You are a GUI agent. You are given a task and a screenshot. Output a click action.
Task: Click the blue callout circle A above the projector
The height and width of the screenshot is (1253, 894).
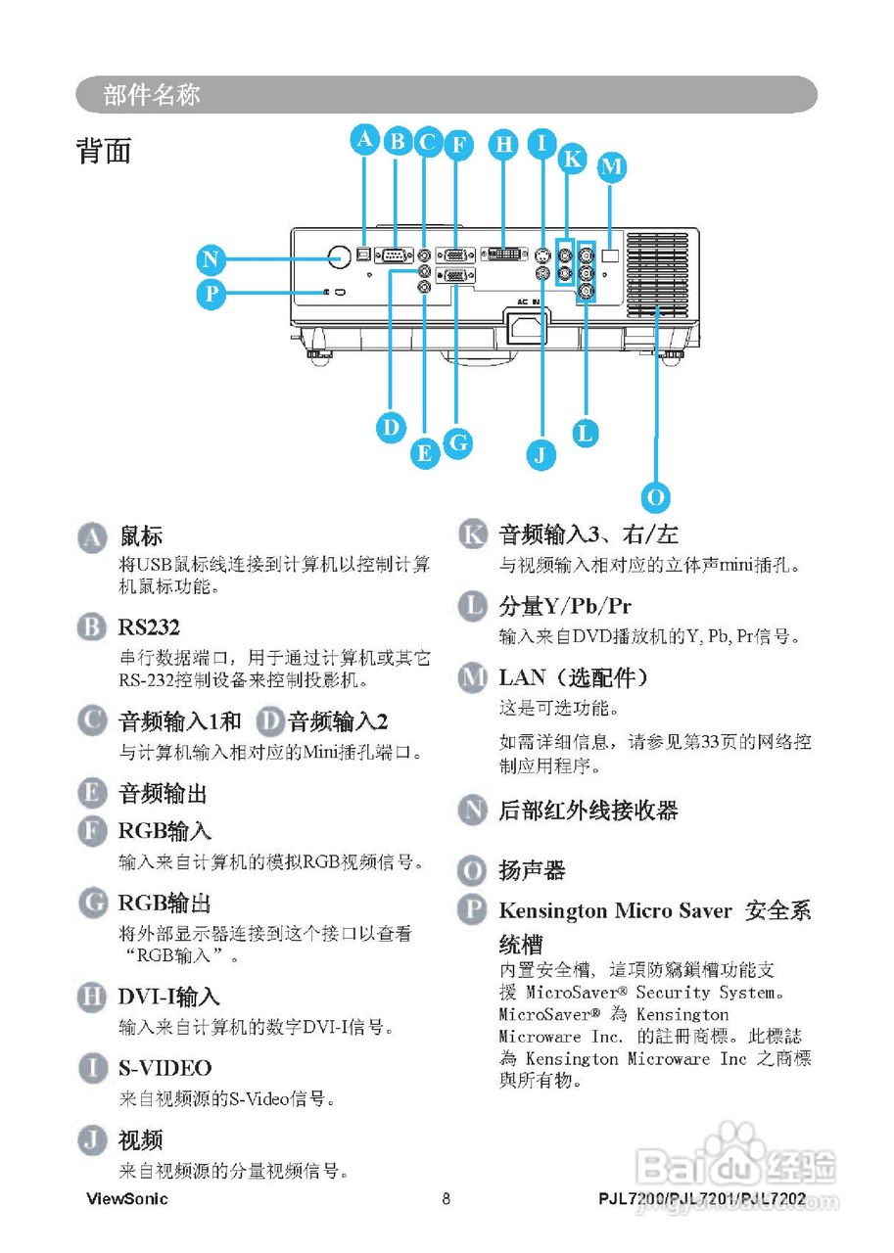365,139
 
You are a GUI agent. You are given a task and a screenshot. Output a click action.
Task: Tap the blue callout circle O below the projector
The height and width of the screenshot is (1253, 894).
657,496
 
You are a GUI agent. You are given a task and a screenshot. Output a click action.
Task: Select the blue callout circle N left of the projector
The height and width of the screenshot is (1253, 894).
210,260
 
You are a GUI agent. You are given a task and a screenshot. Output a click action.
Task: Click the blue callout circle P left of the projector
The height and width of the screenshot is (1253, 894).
210,294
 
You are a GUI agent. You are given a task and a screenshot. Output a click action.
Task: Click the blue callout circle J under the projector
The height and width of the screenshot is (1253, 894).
540,453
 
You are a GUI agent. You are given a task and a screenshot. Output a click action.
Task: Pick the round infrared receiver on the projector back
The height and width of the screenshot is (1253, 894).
339,255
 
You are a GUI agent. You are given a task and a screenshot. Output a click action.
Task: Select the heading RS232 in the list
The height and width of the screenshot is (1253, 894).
149,627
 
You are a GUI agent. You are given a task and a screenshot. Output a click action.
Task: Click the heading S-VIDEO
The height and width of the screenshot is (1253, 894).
165,1068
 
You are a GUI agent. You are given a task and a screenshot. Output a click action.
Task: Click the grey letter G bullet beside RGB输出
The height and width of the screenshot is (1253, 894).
91,903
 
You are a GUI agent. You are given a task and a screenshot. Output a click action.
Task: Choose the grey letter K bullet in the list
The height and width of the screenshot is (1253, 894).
472,534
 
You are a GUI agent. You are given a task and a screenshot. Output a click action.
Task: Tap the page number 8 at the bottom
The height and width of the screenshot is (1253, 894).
446,1199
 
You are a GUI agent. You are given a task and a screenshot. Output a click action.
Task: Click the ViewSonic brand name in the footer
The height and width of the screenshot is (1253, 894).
127,1199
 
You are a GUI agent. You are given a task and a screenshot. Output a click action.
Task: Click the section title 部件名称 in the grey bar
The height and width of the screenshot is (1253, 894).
152,95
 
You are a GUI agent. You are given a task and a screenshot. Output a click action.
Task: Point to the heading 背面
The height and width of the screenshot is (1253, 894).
104,152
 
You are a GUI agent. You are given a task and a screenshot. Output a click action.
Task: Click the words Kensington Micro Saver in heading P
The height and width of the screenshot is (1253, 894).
615,910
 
